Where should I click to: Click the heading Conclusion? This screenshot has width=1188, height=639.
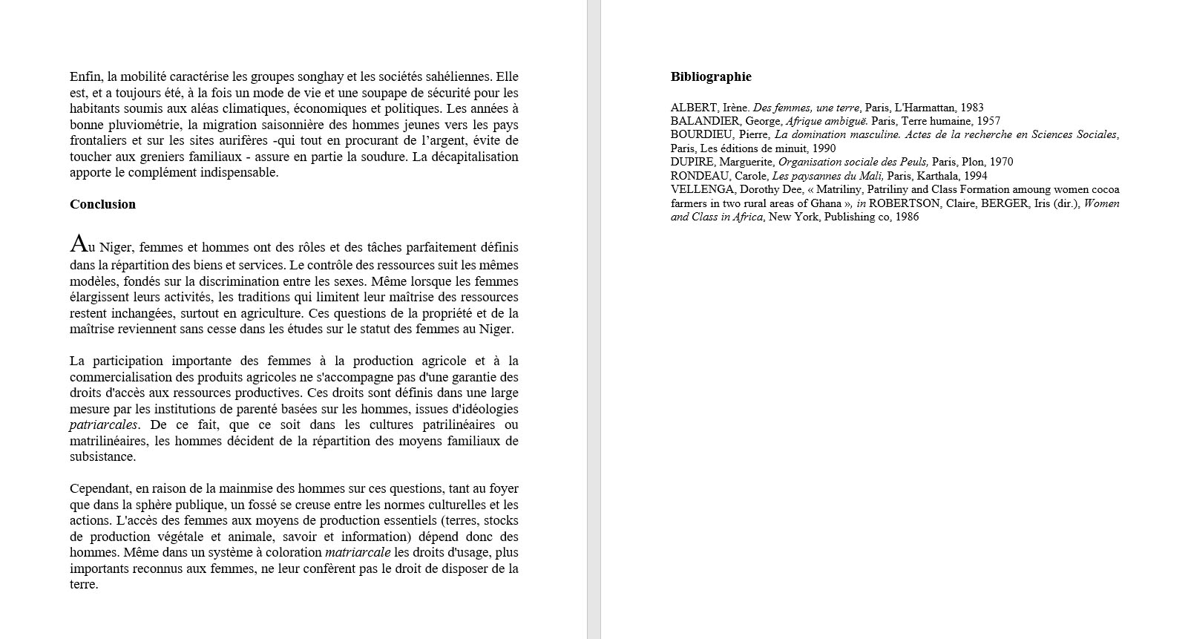102,204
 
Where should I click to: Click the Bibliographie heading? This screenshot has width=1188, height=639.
711,76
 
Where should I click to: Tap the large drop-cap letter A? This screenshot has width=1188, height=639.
77,243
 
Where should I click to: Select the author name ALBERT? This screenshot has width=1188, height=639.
694,108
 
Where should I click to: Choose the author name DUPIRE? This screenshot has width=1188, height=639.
691,162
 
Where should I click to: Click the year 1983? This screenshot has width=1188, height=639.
971,108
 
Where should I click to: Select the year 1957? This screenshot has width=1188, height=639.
988,121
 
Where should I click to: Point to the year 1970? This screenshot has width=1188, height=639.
1000,162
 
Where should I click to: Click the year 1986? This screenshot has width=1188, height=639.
907,217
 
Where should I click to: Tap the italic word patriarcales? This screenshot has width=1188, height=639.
103,425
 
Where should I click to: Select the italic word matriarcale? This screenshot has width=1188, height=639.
358,552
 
